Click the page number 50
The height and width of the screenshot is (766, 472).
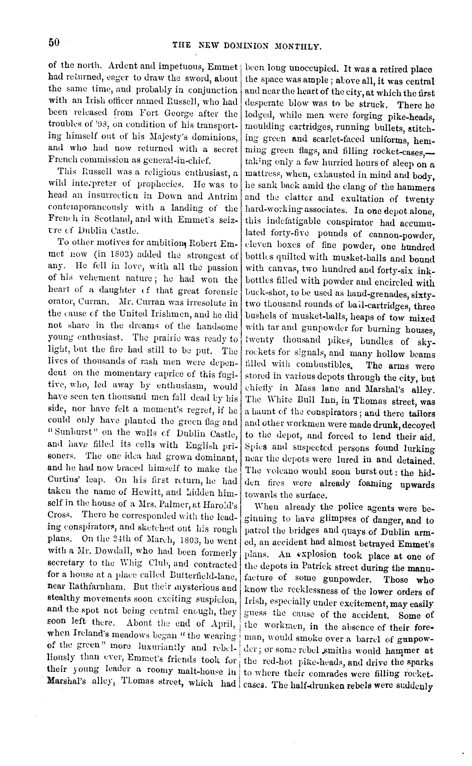click(54, 42)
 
